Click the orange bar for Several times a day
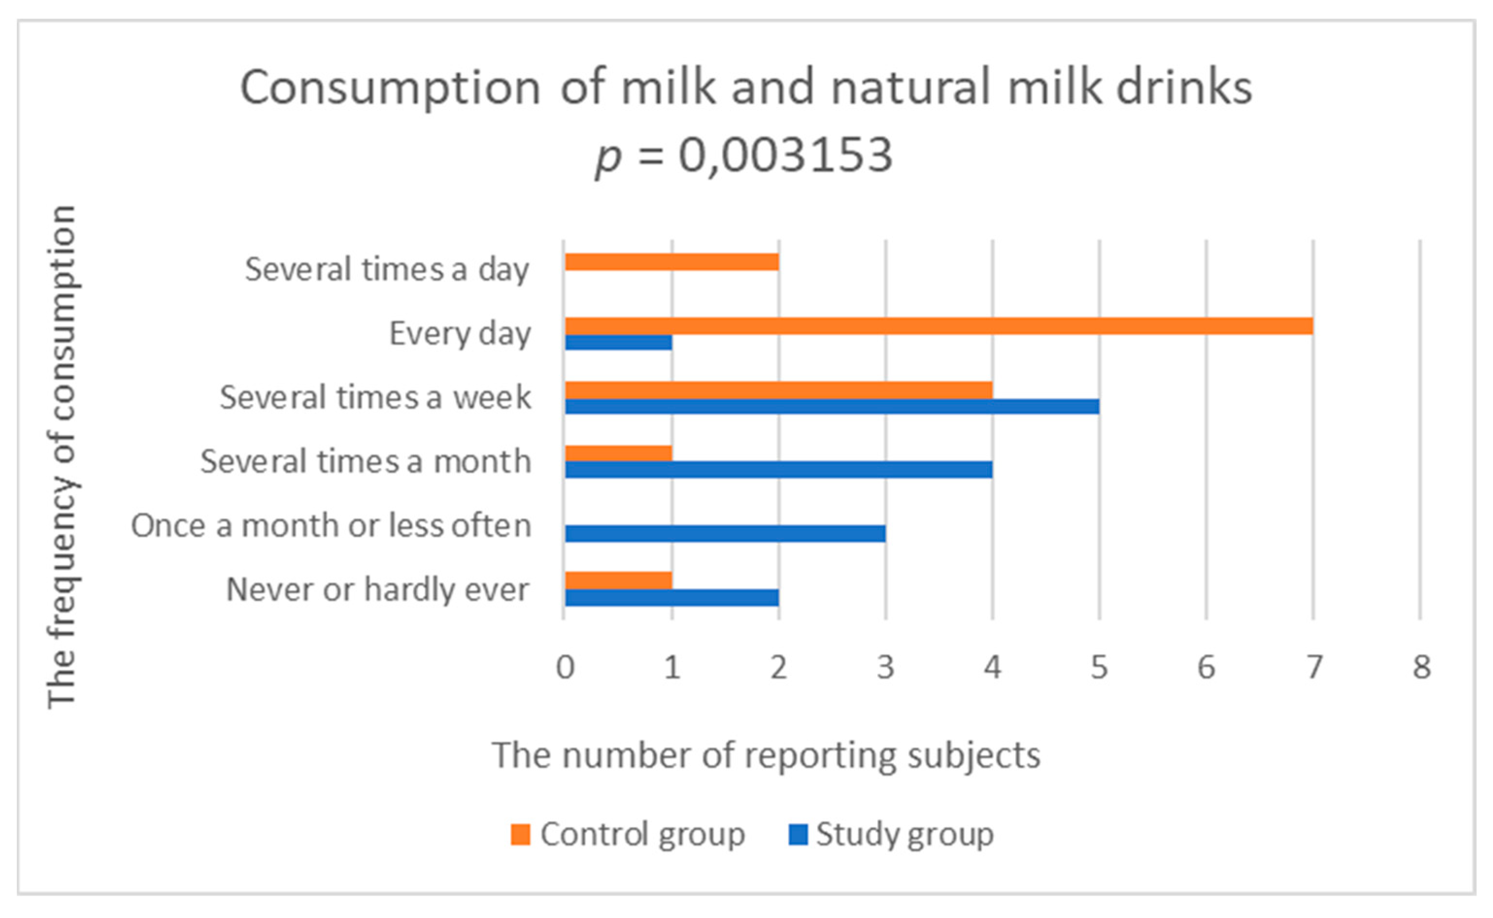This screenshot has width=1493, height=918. [672, 262]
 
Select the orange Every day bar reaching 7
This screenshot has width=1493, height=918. [939, 326]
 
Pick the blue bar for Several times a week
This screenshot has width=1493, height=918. [832, 406]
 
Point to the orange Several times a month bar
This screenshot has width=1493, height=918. [619, 454]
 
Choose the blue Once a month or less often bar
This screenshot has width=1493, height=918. [725, 534]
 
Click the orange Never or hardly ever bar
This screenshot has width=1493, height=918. [619, 580]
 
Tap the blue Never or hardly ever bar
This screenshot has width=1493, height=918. [672, 597]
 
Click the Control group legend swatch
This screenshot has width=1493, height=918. [520, 834]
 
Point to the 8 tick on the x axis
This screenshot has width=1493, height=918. [1421, 667]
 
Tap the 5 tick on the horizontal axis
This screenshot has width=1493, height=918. [1099, 667]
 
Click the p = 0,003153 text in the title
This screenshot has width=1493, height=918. [745, 155]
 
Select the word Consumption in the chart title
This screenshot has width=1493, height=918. [390, 88]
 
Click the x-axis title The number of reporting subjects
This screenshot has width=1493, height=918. [766, 755]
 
